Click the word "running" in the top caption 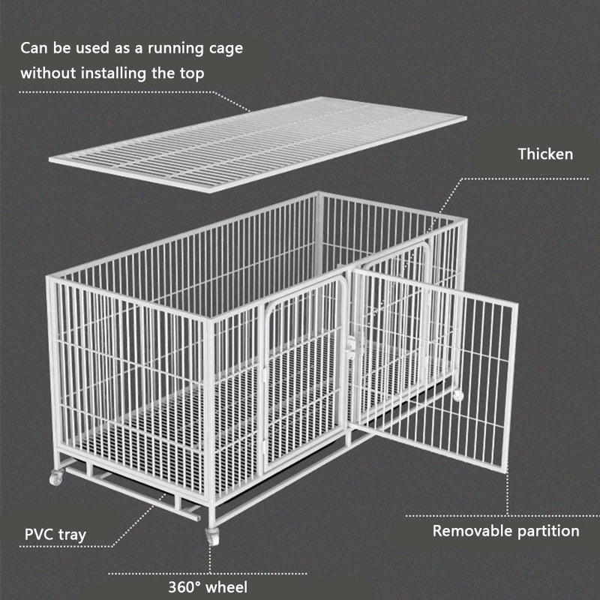pos(175,49)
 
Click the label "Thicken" pos(545,154)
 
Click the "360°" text pos(184,587)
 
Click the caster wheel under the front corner pos(212,536)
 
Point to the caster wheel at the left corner pos(56,478)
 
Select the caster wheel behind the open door pos(457,395)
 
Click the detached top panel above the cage pos(258,144)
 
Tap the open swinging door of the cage pos(434,369)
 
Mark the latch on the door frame pos(351,346)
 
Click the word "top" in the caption pos(192,74)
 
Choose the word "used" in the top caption pos(92,48)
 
